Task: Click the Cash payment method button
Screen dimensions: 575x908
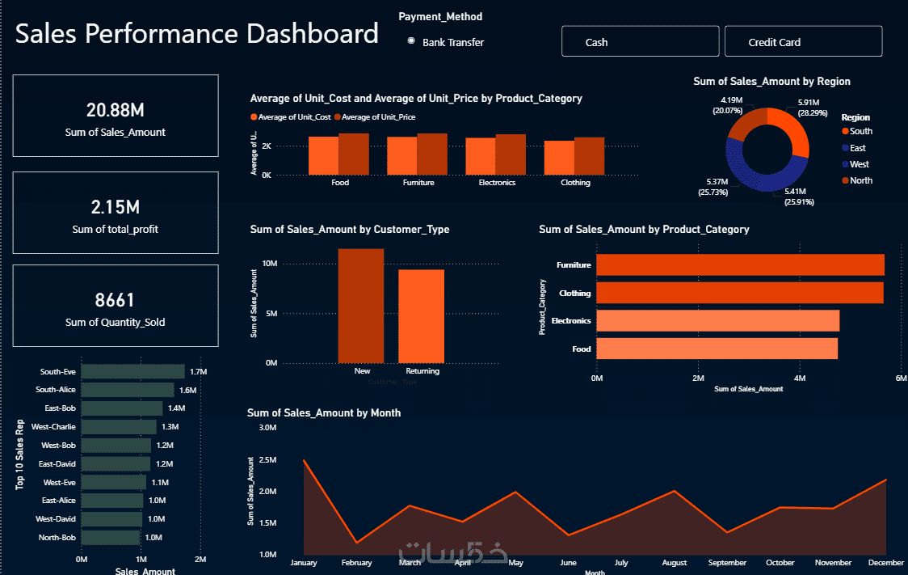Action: pyautogui.click(x=640, y=42)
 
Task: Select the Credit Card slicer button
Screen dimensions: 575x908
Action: pyautogui.click(x=803, y=42)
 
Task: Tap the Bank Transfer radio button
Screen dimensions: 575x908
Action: pyautogui.click(x=411, y=41)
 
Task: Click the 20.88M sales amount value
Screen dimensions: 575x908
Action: pyautogui.click(x=116, y=111)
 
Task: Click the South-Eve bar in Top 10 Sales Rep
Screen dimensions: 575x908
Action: pyautogui.click(x=132, y=372)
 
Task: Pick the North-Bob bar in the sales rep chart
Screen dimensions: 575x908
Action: pyautogui.click(x=111, y=538)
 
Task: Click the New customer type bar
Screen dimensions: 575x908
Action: pyautogui.click(x=361, y=306)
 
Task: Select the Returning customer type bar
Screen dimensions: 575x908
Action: pyautogui.click(x=421, y=316)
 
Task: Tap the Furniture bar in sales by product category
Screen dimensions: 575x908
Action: pyautogui.click(x=740, y=265)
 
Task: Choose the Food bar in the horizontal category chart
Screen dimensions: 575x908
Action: pyautogui.click(x=717, y=349)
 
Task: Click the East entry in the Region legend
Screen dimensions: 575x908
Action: pyautogui.click(x=857, y=148)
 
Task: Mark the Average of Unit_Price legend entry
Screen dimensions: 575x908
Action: pyautogui.click(x=379, y=118)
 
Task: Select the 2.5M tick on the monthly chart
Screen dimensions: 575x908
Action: pyautogui.click(x=267, y=459)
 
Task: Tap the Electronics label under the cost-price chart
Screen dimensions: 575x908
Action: pyautogui.click(x=497, y=183)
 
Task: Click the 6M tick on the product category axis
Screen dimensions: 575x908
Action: pyautogui.click(x=901, y=378)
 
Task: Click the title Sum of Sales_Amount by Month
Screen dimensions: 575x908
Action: pyautogui.click(x=324, y=412)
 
